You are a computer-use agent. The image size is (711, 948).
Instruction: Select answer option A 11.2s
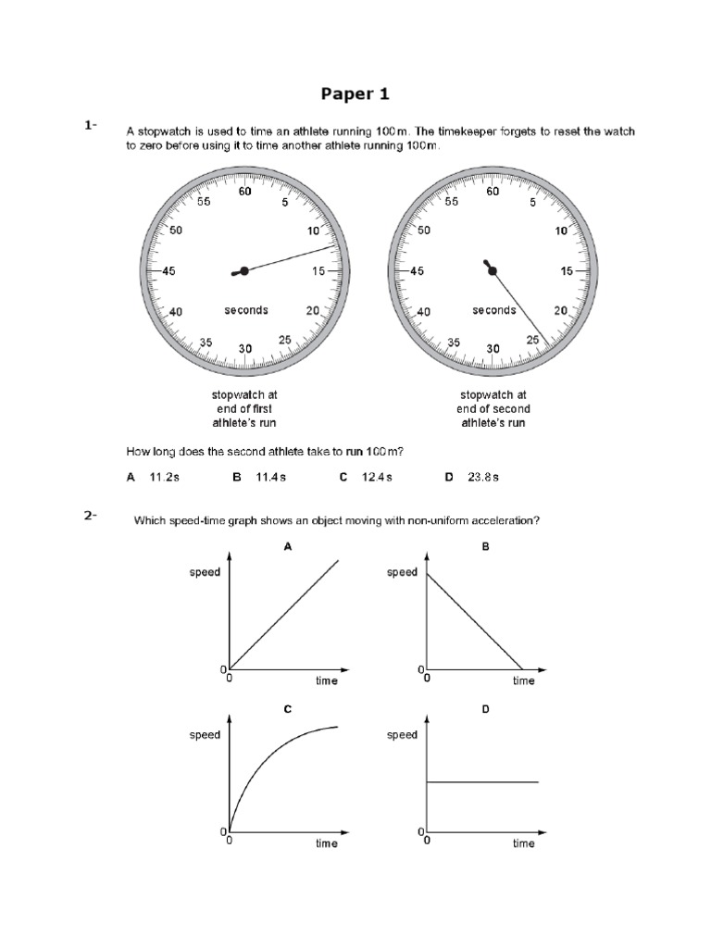tap(151, 477)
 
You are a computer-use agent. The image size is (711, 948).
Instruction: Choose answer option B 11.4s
tap(259, 477)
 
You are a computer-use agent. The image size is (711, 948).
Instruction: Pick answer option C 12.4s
tap(366, 477)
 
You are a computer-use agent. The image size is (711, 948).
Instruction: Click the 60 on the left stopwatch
tap(245, 193)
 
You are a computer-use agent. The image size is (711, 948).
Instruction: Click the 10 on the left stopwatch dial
tap(314, 231)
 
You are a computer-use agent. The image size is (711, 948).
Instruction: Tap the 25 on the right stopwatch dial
tap(532, 340)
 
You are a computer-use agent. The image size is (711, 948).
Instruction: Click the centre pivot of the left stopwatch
tap(244, 271)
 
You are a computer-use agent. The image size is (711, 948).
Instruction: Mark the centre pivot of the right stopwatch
tap(493, 271)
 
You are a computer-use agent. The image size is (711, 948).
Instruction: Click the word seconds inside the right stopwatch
tap(493, 310)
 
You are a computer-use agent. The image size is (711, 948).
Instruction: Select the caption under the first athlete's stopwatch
tap(245, 408)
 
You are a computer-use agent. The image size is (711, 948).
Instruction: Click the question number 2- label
tap(90, 517)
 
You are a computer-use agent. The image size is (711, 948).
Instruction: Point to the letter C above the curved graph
tap(288, 709)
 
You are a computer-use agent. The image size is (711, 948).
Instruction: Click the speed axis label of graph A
tap(205, 572)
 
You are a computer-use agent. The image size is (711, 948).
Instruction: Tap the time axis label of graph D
tap(523, 843)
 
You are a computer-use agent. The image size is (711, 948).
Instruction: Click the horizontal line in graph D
tap(481, 782)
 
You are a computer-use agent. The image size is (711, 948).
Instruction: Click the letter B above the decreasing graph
tap(485, 547)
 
